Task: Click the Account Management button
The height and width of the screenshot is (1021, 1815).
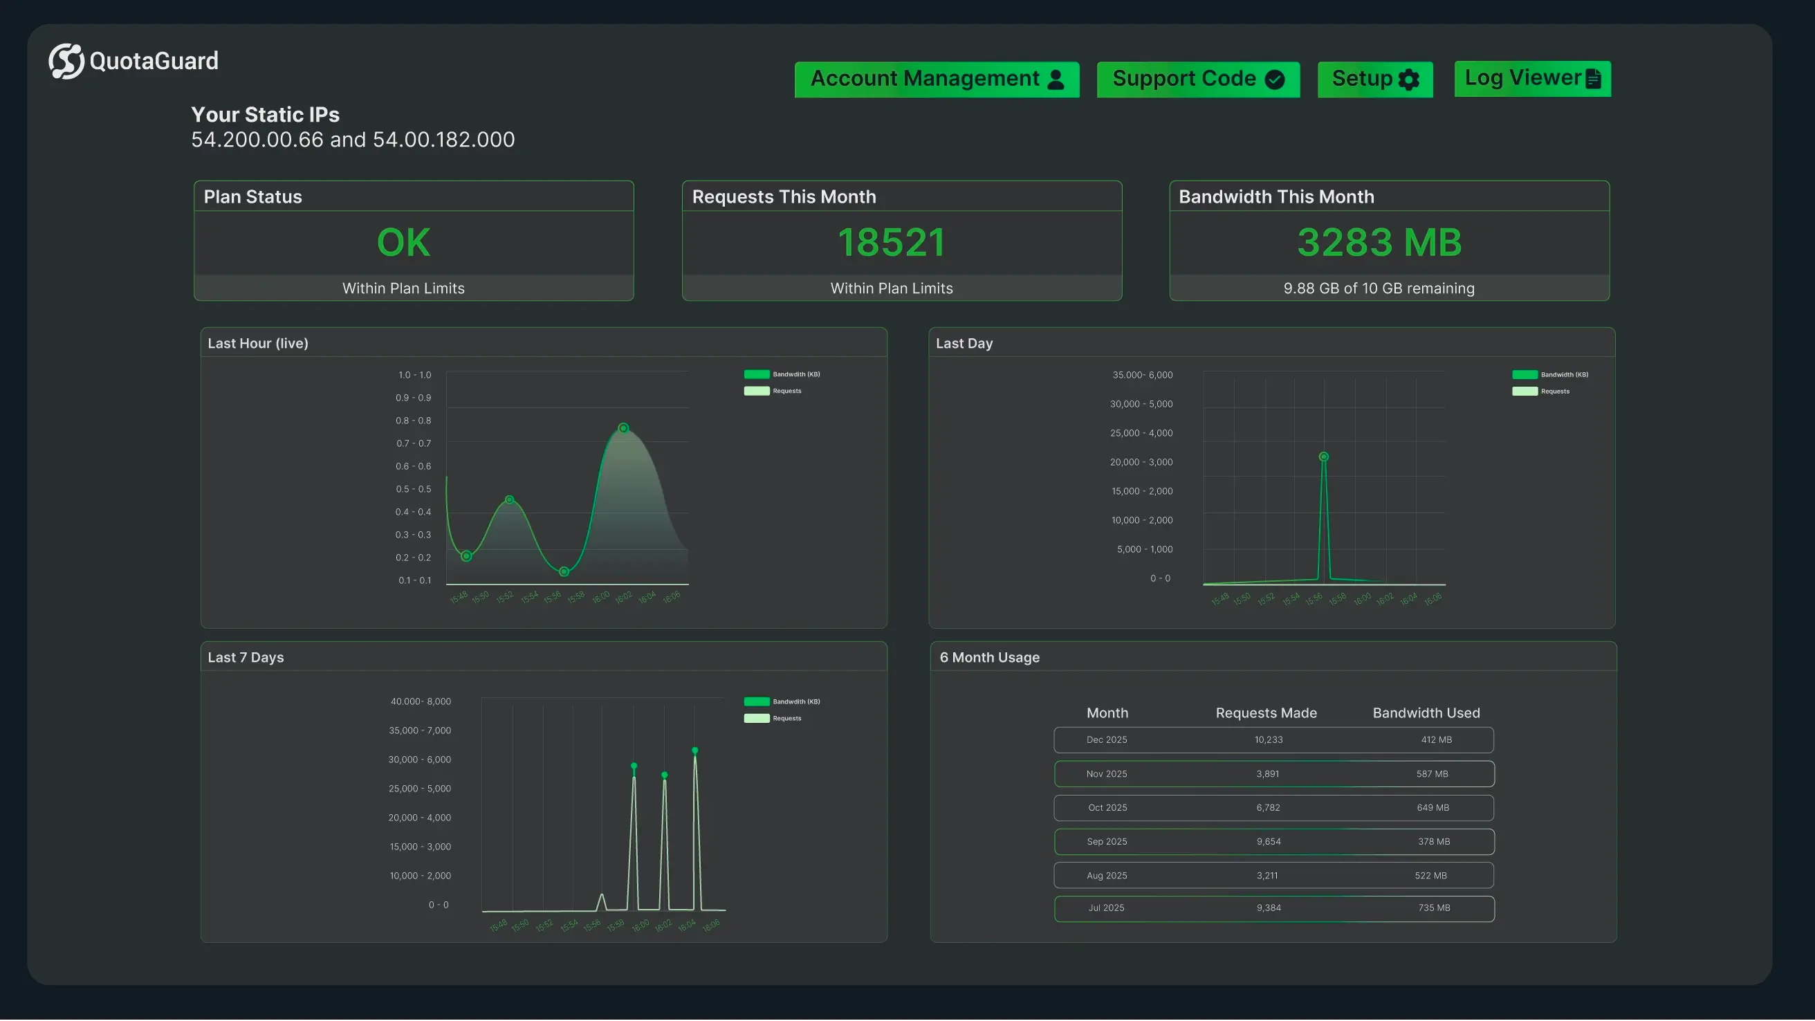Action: pyautogui.click(x=937, y=79)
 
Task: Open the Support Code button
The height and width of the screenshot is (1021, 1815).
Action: pyautogui.click(x=1198, y=79)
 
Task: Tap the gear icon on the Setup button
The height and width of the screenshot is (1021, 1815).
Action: pyautogui.click(x=1408, y=80)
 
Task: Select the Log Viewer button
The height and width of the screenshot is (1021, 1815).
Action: pyautogui.click(x=1533, y=78)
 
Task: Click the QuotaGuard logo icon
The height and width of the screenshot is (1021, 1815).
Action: pyautogui.click(x=66, y=62)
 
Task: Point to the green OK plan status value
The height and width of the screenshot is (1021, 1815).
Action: pyautogui.click(x=403, y=242)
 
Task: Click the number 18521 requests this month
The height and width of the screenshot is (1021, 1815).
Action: pyautogui.click(x=892, y=242)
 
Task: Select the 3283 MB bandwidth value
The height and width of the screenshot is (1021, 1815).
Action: pyautogui.click(x=1379, y=242)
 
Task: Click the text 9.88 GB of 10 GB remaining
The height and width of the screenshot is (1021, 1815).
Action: pyautogui.click(x=1378, y=288)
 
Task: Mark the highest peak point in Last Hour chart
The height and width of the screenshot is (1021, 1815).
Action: pyautogui.click(x=623, y=427)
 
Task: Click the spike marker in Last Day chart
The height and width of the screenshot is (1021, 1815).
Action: pyautogui.click(x=1323, y=457)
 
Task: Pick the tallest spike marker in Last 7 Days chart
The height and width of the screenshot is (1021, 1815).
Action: pyautogui.click(x=694, y=751)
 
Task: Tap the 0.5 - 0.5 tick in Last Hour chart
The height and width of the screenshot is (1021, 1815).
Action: pyautogui.click(x=413, y=489)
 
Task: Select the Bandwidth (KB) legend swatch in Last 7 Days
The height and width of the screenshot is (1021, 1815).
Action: pyautogui.click(x=757, y=701)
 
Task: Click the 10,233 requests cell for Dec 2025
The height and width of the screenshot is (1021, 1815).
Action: pyautogui.click(x=1269, y=740)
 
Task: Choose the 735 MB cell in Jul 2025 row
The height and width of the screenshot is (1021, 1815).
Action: pyautogui.click(x=1434, y=908)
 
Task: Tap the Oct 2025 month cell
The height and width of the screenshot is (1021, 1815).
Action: pyautogui.click(x=1107, y=807)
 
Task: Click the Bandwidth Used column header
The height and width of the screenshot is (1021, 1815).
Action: pyautogui.click(x=1426, y=713)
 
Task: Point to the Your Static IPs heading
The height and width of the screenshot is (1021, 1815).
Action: pyautogui.click(x=265, y=115)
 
